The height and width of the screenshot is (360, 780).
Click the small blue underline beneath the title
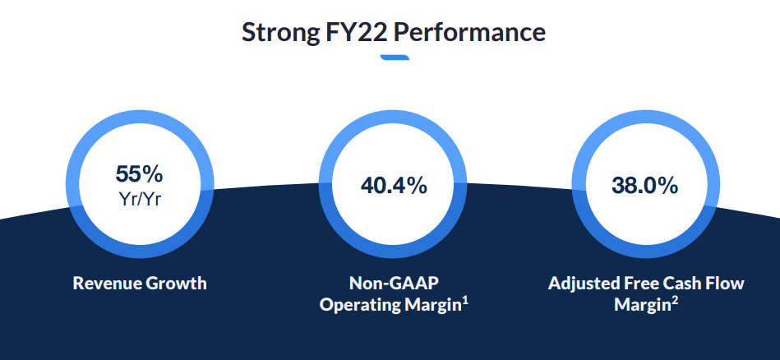[395, 58]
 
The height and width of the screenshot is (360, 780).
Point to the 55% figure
[139, 174]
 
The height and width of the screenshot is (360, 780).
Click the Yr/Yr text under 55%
[140, 199]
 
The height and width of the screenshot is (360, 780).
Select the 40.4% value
[394, 186]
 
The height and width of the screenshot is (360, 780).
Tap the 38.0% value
[644, 186]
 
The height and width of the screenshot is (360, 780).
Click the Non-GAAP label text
[394, 284]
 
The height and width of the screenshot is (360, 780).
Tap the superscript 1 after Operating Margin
[465, 301]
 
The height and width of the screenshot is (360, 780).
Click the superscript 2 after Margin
[674, 301]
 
